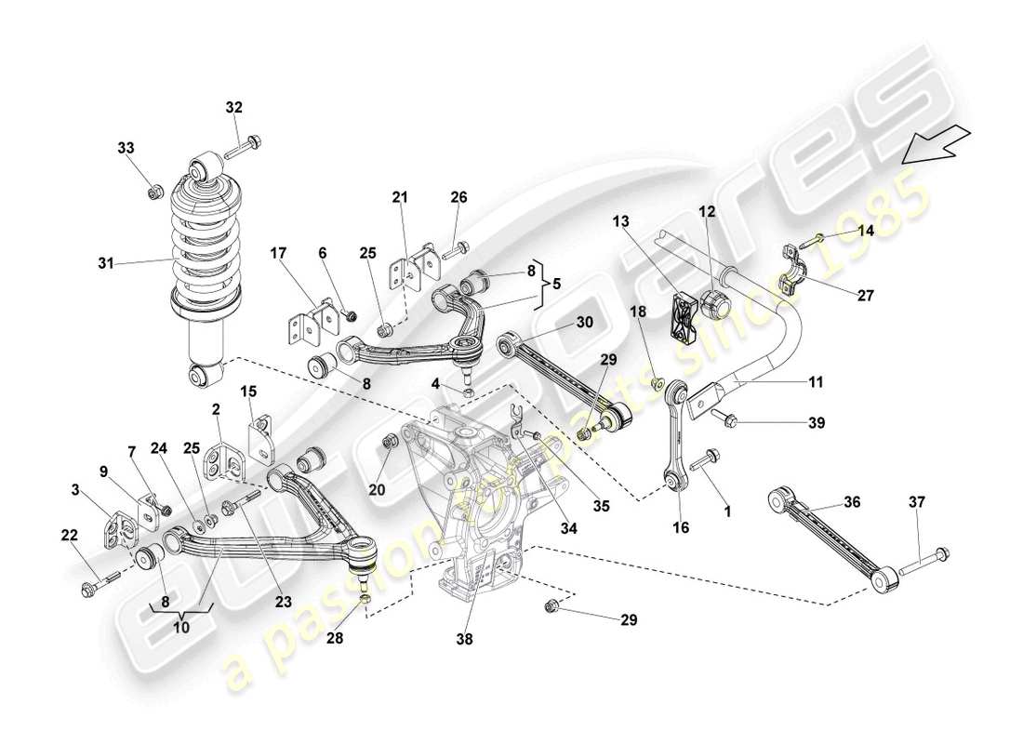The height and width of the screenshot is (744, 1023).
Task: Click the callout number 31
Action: pyautogui.click(x=106, y=263)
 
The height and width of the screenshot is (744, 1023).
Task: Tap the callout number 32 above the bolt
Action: pyautogui.click(x=233, y=108)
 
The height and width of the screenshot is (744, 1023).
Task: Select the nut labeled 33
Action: pyautogui.click(x=155, y=193)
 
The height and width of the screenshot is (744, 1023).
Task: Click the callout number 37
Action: pyautogui.click(x=918, y=503)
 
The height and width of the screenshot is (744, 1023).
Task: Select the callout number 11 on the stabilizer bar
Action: pyautogui.click(x=816, y=381)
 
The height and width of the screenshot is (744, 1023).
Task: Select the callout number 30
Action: pyautogui.click(x=583, y=323)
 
